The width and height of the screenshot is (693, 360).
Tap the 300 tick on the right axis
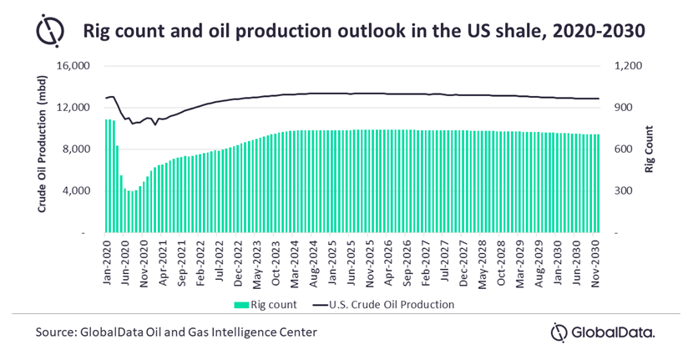[x=627, y=190]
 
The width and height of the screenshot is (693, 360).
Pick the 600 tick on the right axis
[x=627, y=149]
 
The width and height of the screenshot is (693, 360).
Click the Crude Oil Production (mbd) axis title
[x=42, y=149]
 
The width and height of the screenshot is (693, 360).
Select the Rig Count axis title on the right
[x=649, y=149]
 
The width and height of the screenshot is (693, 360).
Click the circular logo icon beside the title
[x=50, y=31]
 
